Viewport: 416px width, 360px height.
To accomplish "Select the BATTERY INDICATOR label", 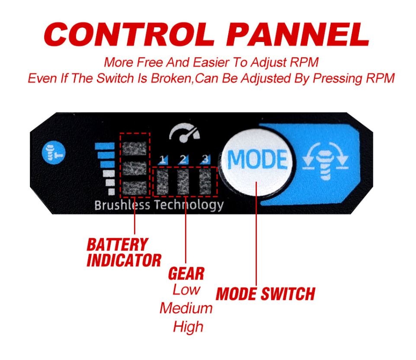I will pos(124,252).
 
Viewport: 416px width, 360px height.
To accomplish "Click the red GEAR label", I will pos(186,273).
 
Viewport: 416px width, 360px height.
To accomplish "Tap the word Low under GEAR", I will pos(186,289).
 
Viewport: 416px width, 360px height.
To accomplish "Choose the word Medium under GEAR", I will pos(186,308).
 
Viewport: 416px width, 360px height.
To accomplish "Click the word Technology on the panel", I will pos(189,205).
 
